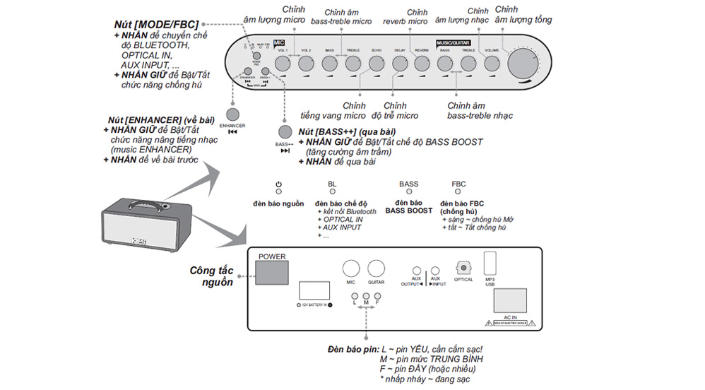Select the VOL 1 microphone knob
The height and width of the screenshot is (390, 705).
coord(283,64)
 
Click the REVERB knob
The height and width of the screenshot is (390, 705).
coord(422,64)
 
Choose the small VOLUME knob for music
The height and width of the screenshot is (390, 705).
coord(490,64)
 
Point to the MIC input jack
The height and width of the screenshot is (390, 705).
coord(351,269)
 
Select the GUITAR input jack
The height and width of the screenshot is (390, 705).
coord(376,269)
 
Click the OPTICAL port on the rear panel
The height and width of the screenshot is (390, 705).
coord(463,268)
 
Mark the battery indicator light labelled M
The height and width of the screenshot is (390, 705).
coord(366,296)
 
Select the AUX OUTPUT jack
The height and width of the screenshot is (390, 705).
coord(417,271)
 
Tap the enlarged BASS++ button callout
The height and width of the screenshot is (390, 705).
coord(285,131)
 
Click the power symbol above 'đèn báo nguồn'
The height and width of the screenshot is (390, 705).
coord(278,184)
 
